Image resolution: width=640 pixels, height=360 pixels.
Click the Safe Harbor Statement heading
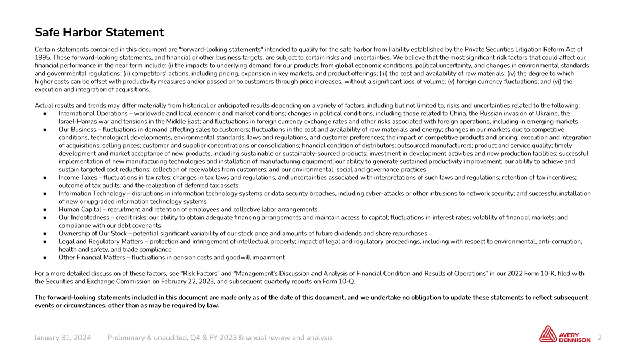coord(99,33)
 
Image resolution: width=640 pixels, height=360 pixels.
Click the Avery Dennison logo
coord(564,335)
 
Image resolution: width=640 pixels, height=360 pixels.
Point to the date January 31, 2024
coord(62,338)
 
